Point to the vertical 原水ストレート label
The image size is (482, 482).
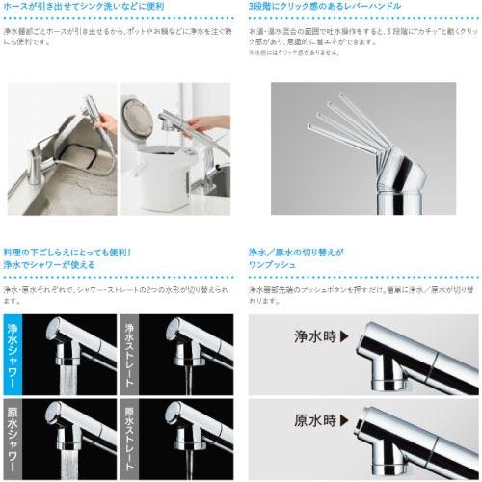pos(130,433)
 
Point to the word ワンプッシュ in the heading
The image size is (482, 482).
pos(273,265)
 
